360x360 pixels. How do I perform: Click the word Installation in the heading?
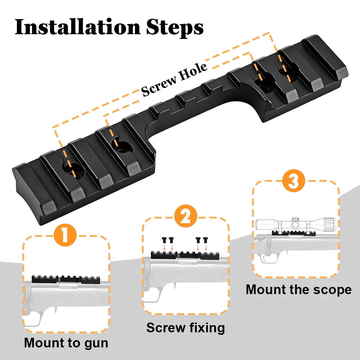(78, 27)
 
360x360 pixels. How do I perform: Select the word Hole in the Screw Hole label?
(193, 71)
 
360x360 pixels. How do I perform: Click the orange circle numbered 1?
(65, 235)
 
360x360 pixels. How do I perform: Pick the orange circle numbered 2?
(185, 216)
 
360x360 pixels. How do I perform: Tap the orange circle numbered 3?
(293, 181)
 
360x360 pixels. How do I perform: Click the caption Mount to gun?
(66, 343)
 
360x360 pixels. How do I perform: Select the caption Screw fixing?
(185, 328)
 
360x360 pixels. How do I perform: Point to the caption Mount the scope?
(298, 289)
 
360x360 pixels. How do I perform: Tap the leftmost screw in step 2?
(164, 240)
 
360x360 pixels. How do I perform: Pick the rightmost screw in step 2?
(206, 240)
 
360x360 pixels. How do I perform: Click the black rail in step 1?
(66, 279)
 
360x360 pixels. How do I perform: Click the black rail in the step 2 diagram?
(185, 255)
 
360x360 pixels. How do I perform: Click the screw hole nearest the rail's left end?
(73, 170)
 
